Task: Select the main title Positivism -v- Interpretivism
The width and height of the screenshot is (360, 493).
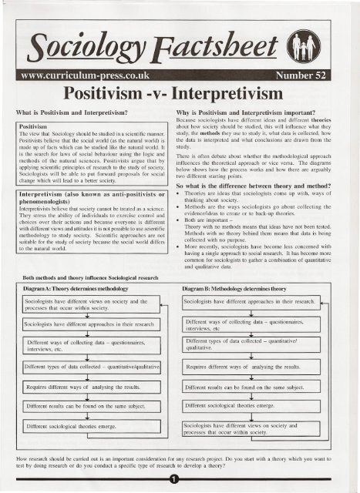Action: pyautogui.click(x=180, y=78)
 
